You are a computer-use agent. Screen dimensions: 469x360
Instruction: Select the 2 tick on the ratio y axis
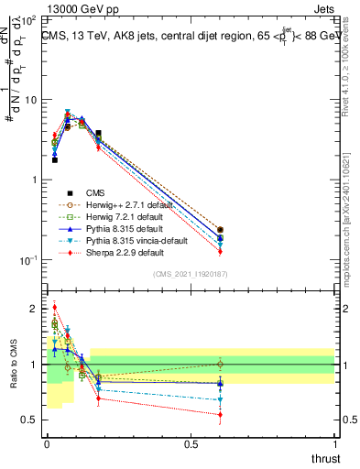[x=35, y=309]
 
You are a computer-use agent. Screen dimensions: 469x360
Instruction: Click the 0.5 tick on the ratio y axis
[x=31, y=420]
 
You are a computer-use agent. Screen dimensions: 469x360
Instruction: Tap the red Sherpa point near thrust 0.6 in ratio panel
[x=220, y=415]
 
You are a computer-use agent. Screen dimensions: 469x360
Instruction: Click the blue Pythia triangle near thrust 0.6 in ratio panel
[x=220, y=383]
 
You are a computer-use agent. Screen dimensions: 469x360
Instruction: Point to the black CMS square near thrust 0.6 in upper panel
[x=220, y=230]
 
